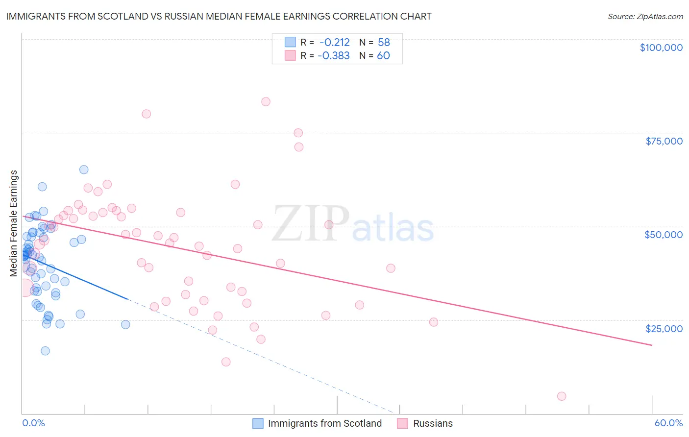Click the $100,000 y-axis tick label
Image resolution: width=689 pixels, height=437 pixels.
[661, 48]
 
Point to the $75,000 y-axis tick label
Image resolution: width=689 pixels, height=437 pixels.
[664, 141]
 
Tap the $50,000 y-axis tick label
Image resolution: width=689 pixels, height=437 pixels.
[663, 235]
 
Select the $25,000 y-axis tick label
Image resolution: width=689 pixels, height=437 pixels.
[664, 329]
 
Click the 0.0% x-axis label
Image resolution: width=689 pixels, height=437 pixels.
[33, 423]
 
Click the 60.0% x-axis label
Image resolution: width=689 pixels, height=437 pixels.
[668, 423]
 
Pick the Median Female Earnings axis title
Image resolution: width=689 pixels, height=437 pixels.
[14, 223]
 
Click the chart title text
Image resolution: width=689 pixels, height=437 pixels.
[219, 16]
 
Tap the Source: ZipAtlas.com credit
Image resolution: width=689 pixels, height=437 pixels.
[645, 17]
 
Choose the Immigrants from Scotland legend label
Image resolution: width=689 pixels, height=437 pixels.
[324, 423]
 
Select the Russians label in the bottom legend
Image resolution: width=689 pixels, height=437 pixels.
[433, 423]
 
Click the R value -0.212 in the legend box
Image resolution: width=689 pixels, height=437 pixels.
[334, 42]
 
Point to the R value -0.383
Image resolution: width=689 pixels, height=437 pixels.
[333, 55]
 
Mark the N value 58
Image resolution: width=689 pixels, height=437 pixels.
[384, 42]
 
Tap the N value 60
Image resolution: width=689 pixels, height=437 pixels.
[383, 55]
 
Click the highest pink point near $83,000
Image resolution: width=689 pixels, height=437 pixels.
[266, 102]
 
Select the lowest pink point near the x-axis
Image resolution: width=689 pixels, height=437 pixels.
[562, 396]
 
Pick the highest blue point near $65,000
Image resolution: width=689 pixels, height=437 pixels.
[84, 170]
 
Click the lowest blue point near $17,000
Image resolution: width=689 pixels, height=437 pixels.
[45, 351]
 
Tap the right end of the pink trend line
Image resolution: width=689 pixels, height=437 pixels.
[652, 345]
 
